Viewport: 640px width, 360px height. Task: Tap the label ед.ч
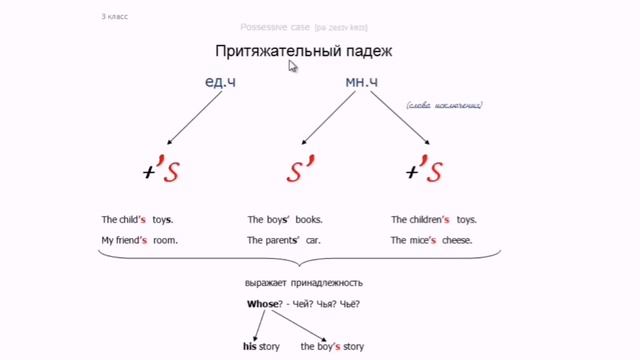tap(218, 82)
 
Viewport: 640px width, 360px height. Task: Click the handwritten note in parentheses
tap(443, 104)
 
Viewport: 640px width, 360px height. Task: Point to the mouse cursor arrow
tap(293, 66)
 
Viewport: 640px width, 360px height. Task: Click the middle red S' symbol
tap(301, 171)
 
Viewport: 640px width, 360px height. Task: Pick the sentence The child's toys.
tap(137, 219)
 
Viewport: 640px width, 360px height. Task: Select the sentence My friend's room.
tap(139, 240)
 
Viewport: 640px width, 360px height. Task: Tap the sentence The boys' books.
tap(285, 219)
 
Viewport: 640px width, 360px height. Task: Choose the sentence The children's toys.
tap(434, 219)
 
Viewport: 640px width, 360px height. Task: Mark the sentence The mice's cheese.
tap(432, 240)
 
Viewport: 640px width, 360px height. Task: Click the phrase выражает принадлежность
tap(303, 284)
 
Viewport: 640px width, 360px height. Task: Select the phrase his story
tap(262, 346)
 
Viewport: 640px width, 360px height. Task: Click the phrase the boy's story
tap(332, 346)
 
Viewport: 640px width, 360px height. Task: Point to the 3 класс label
tap(114, 17)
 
